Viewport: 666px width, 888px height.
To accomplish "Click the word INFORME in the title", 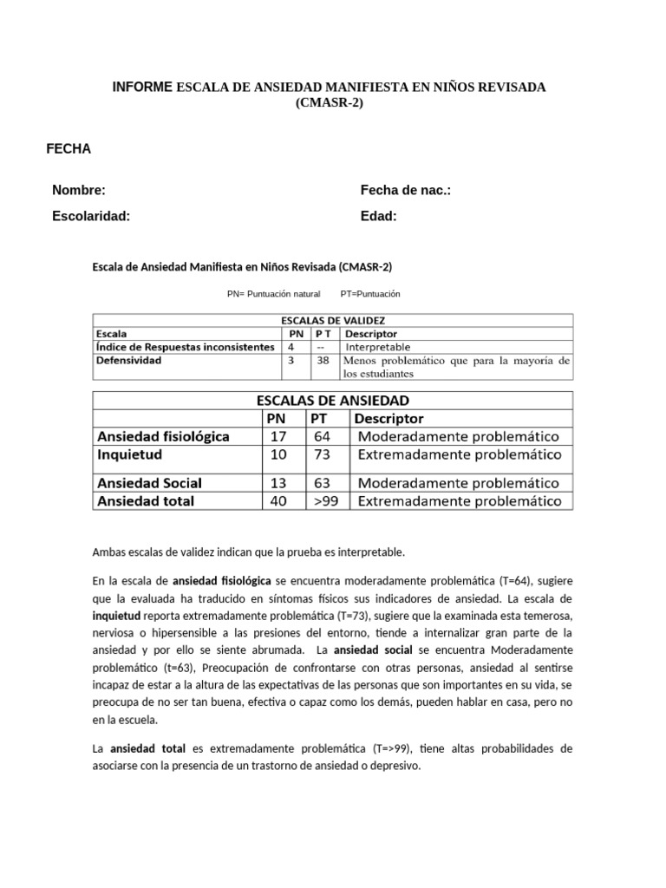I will (x=143, y=88).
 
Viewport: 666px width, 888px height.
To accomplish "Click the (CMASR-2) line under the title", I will (x=330, y=103).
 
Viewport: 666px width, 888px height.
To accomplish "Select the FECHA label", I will (x=69, y=149).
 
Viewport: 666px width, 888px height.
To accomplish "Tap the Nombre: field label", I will (x=79, y=191).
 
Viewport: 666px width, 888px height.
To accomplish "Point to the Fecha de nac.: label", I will (x=406, y=191).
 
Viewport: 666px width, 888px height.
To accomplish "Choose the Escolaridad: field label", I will (x=91, y=217).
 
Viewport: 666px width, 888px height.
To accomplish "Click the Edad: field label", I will (x=379, y=217).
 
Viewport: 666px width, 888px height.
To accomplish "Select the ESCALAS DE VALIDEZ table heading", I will (x=333, y=320).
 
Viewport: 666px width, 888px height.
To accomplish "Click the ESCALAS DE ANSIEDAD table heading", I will (x=333, y=401).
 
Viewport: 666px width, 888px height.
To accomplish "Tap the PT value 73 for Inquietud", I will (x=322, y=454).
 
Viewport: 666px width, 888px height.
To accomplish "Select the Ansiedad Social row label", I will (x=149, y=483).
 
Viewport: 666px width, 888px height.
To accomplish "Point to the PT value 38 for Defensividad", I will (x=323, y=361).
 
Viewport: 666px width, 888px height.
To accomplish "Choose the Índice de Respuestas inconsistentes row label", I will (x=185, y=347).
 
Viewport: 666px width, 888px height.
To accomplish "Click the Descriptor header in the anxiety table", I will (x=390, y=419).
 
